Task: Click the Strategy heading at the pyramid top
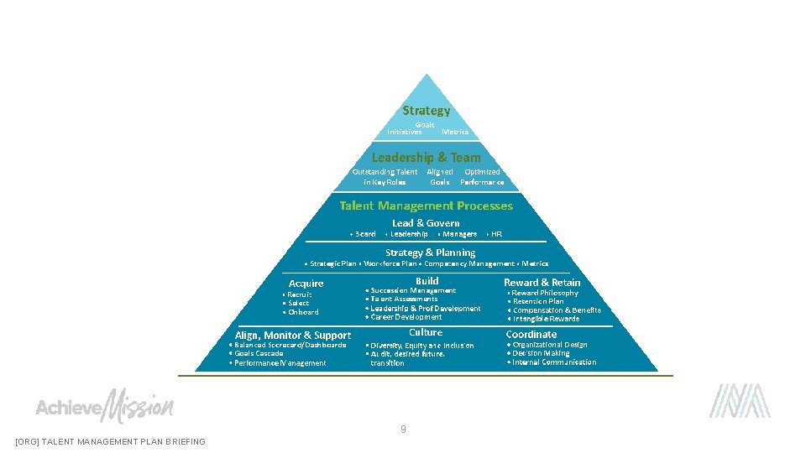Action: tap(426, 111)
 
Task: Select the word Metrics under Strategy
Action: tap(455, 132)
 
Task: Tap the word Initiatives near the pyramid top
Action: tap(405, 132)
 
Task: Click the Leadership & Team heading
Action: tap(427, 157)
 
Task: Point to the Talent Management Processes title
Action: tap(426, 206)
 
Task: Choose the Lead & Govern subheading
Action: tap(426, 223)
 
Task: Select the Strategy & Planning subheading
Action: tap(430, 253)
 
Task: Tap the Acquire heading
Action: tap(306, 284)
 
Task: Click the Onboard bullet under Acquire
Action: tap(303, 312)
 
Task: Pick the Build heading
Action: tap(427, 281)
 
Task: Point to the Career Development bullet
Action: tap(406, 317)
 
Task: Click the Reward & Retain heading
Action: tap(542, 283)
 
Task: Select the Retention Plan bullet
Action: tap(538, 301)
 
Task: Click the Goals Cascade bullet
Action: tap(259, 353)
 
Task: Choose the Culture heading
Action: tap(426, 332)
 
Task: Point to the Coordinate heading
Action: tap(531, 334)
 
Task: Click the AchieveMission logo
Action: tap(104, 407)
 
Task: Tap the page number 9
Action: tap(403, 430)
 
